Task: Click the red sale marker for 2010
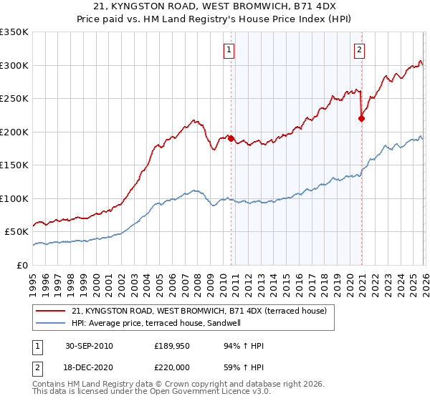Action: point(231,138)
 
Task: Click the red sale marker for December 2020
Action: point(360,119)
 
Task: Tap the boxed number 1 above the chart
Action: point(229,50)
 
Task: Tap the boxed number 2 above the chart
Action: point(358,50)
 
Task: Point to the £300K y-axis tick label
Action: point(14,65)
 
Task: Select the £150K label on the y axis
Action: point(14,165)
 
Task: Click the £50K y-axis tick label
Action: point(16,232)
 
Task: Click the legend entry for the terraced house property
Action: point(199,311)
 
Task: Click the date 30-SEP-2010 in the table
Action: point(89,347)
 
